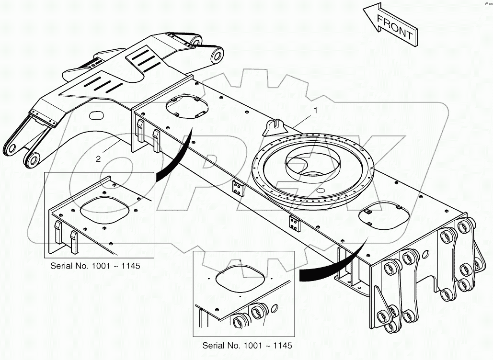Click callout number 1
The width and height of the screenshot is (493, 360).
316,111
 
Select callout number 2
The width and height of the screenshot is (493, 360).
99,159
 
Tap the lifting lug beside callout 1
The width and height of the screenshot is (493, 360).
275,126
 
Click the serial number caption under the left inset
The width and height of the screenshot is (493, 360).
95,266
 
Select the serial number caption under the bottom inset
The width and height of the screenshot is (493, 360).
247,345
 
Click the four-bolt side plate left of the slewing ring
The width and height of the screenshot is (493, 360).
237,188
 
